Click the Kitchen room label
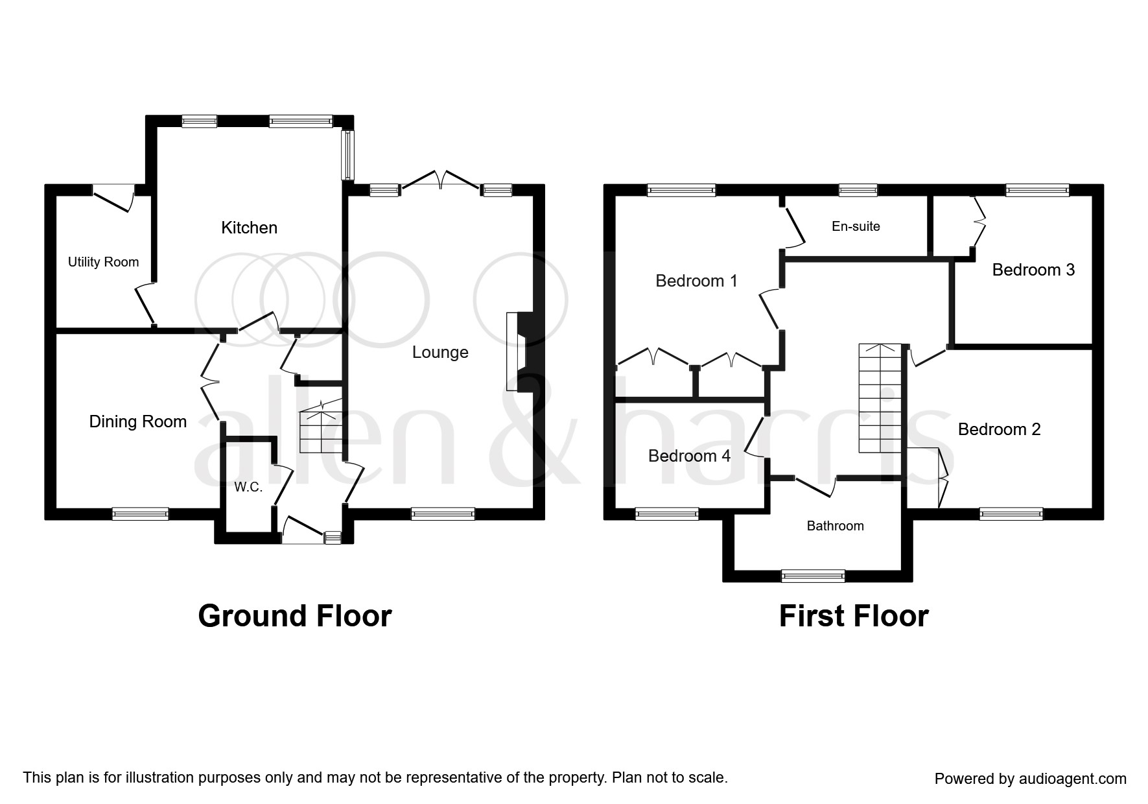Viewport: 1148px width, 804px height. point(249,228)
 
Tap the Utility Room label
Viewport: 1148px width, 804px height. point(103,262)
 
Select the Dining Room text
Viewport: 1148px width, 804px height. point(137,422)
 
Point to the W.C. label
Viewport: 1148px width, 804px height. point(248,488)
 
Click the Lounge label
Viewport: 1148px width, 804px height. point(440,353)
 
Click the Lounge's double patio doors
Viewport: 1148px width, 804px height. point(441,180)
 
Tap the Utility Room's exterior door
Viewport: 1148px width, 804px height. point(113,198)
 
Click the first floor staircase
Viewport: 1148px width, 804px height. point(880,398)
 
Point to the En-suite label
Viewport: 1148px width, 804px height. point(856,226)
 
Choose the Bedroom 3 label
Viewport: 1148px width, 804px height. point(1033,270)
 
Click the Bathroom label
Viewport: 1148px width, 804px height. point(835,526)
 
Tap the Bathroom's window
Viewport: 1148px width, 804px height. point(813,576)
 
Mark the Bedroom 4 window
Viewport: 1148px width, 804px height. point(667,514)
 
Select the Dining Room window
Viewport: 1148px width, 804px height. point(141,514)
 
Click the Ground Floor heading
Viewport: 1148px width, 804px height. point(295,616)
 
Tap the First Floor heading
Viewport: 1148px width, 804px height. point(854,616)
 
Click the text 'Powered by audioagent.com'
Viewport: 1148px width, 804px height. point(1031,779)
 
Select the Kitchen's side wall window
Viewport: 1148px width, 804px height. point(349,155)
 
